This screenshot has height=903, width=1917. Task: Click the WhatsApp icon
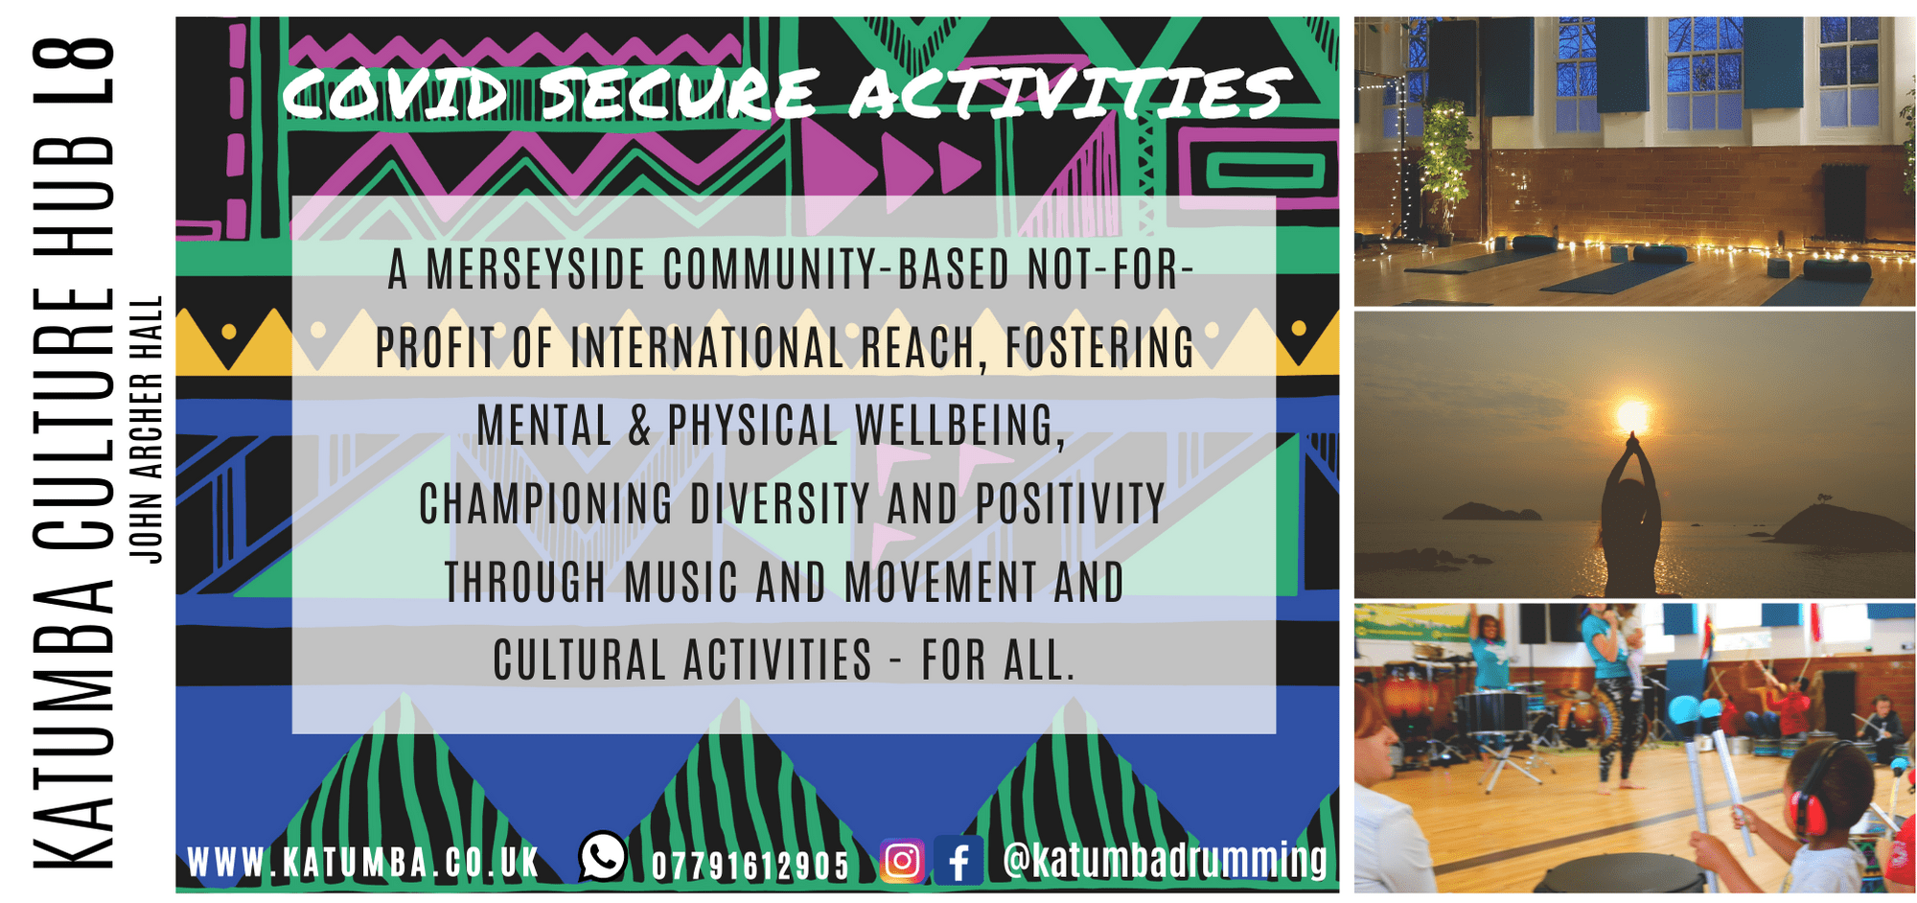click(603, 856)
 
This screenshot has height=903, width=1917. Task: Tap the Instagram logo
click(902, 860)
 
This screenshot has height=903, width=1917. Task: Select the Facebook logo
click(958, 860)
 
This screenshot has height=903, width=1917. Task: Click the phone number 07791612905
click(751, 866)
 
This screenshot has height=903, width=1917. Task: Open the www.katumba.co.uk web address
click(363, 863)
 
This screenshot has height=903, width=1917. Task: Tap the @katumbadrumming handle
click(1165, 860)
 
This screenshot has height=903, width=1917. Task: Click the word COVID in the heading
click(394, 94)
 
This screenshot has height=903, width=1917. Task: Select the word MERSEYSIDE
click(536, 269)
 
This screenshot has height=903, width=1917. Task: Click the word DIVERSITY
click(780, 504)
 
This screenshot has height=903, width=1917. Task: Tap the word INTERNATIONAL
click(707, 347)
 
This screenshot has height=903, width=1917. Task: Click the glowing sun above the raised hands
click(1632, 415)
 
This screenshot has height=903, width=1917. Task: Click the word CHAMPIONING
click(546, 504)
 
